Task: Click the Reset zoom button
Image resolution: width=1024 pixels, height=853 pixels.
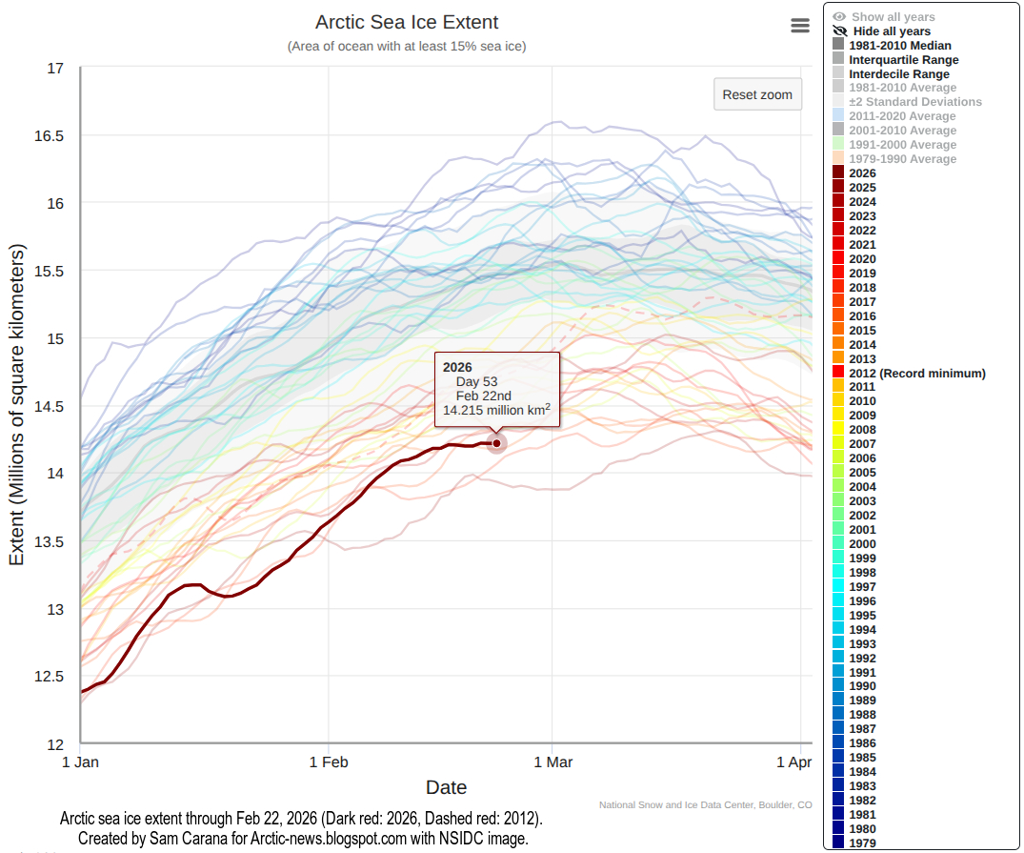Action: [757, 94]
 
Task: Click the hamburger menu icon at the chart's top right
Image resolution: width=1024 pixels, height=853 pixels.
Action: [800, 27]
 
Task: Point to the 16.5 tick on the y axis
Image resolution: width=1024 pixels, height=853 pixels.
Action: [49, 135]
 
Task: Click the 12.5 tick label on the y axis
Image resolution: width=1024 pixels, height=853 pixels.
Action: [49, 677]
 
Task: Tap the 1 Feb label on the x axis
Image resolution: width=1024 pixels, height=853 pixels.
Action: [329, 762]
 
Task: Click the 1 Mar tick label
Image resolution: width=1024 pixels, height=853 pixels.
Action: [552, 762]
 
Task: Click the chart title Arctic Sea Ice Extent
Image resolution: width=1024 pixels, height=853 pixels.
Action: [407, 22]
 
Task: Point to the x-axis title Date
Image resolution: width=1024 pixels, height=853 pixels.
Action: [446, 787]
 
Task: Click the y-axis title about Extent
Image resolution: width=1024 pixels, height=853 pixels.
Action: [17, 405]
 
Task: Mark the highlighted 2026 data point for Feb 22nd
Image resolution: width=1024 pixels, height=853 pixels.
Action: [496, 443]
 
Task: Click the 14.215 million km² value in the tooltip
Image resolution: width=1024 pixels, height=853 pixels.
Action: [496, 411]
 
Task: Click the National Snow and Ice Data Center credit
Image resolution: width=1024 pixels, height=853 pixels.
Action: [705, 805]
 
